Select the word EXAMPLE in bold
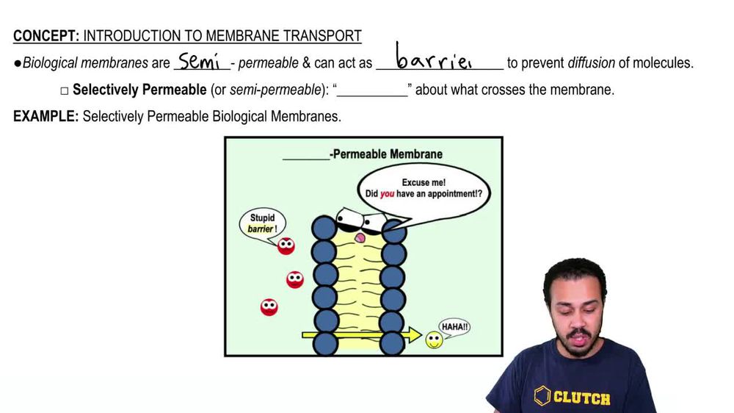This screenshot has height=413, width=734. tap(46, 116)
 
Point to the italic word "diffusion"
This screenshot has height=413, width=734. tap(591, 63)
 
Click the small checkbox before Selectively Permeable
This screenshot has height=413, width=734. tap(65, 90)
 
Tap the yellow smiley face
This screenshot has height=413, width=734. tap(435, 340)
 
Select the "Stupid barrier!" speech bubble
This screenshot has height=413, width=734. tap(262, 223)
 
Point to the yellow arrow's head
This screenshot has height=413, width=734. tap(415, 336)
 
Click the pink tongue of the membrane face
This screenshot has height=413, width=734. tap(360, 237)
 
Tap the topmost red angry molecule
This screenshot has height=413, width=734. tap(286, 246)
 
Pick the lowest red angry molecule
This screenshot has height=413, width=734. tap(269, 307)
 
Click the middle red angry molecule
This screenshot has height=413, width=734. tap(294, 279)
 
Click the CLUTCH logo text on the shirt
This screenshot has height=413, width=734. tap(581, 398)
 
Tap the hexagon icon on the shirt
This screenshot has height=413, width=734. tap(542, 396)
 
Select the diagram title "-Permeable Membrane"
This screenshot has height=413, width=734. tap(388, 154)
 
